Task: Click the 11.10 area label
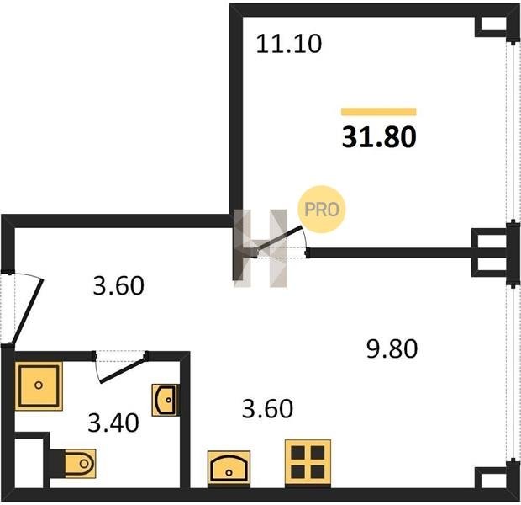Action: click(289, 45)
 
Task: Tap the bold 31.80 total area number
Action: click(379, 137)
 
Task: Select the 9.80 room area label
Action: click(392, 348)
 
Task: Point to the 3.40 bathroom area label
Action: click(113, 423)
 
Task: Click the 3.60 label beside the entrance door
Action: click(118, 285)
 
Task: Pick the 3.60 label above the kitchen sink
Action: click(267, 408)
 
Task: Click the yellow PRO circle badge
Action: click(322, 210)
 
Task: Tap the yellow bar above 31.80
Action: click(379, 111)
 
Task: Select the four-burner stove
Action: click(308, 464)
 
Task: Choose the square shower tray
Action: click(39, 385)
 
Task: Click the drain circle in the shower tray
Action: click(39, 385)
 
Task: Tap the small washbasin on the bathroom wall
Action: click(165, 400)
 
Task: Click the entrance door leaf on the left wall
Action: click(27, 311)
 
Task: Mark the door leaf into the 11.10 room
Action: click(278, 239)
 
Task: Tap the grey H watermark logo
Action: click(260, 248)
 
